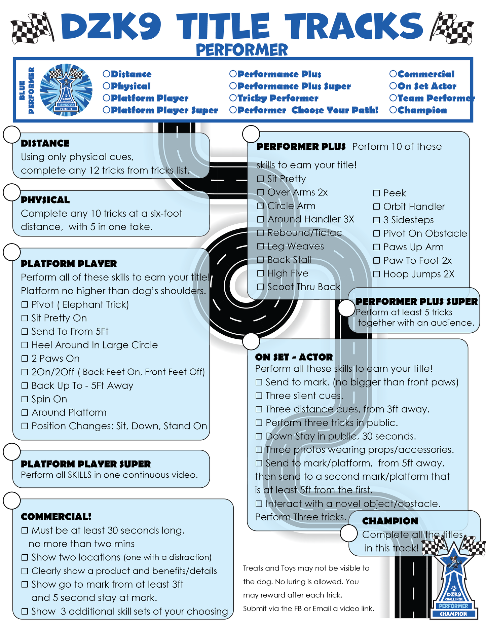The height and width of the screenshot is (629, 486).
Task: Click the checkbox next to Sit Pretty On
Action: click(25, 318)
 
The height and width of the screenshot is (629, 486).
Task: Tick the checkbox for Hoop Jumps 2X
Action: click(376, 274)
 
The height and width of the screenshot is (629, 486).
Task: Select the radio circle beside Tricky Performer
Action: click(233, 98)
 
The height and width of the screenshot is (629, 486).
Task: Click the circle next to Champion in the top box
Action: click(393, 110)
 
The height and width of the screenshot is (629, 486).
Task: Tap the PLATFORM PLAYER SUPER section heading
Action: click(86, 464)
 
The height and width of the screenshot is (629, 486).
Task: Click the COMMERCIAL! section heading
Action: click(56, 517)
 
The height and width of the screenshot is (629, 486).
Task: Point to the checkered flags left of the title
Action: click(33, 28)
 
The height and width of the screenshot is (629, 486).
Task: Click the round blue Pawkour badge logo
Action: click(66, 90)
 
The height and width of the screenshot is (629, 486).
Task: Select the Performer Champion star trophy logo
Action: click(454, 587)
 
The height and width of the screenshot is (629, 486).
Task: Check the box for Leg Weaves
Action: click(260, 247)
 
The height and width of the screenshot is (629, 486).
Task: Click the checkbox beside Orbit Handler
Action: click(376, 207)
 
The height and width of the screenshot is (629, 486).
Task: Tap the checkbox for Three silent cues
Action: click(259, 396)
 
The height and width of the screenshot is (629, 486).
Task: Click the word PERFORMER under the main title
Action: click(242, 50)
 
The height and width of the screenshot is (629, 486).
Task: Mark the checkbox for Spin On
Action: click(25, 399)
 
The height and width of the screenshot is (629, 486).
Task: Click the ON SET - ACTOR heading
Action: click(294, 357)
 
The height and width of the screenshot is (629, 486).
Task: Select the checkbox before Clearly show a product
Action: click(25, 571)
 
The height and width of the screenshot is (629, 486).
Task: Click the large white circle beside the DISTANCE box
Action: click(12, 135)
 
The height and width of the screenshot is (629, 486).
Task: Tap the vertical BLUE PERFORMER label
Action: click(27, 90)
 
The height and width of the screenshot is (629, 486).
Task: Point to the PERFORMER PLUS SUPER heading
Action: click(416, 301)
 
